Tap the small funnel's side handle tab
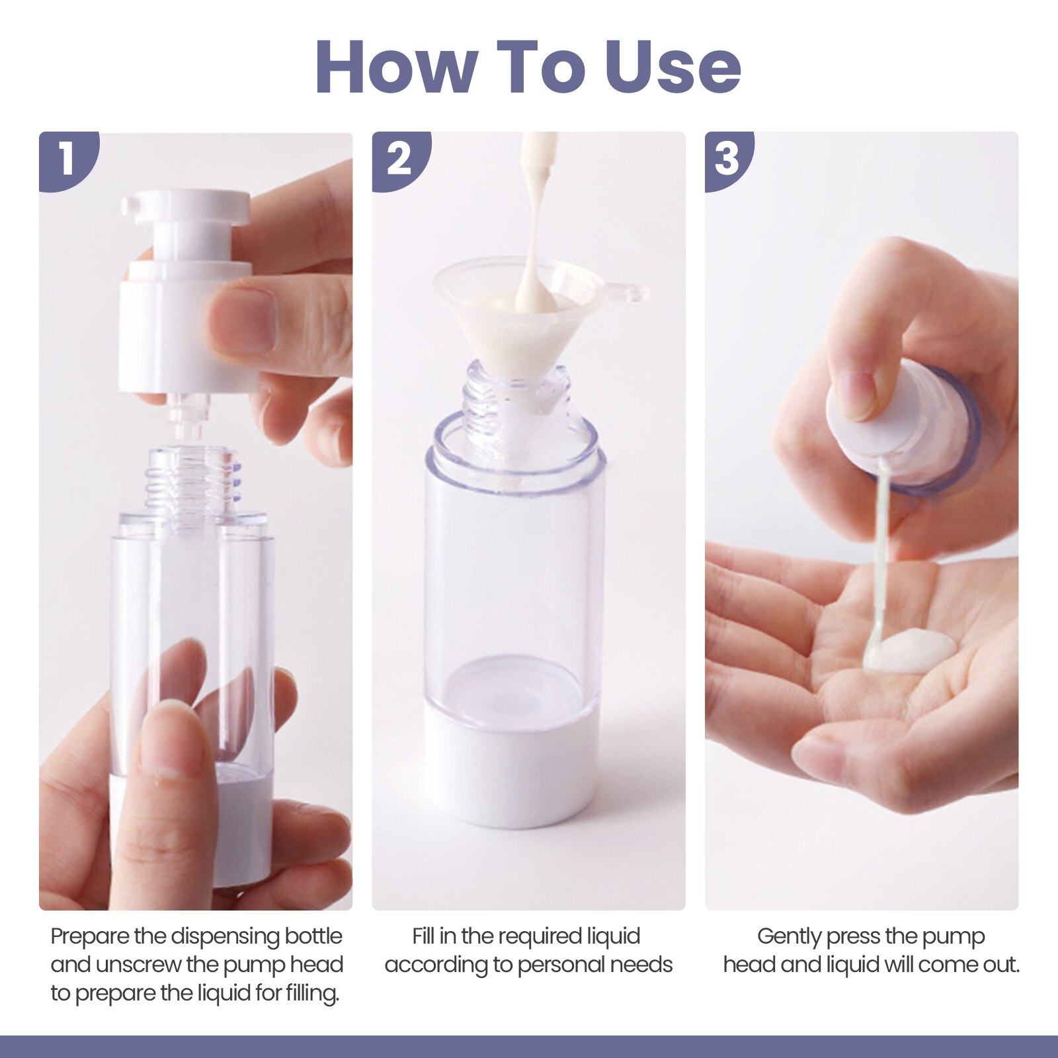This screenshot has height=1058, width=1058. (628, 291)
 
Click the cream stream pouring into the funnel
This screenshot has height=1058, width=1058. (536, 218)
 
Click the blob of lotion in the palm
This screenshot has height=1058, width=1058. (913, 651)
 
